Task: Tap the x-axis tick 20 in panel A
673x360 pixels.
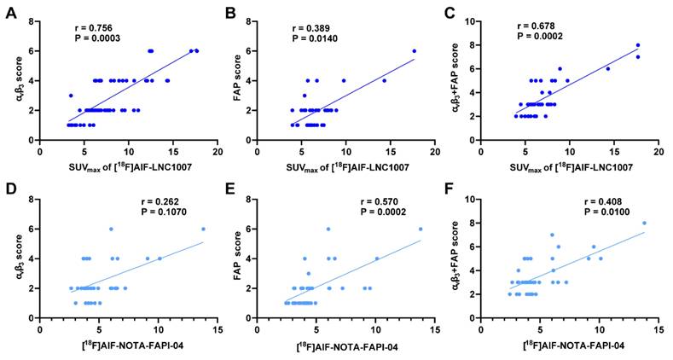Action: pos(218,152)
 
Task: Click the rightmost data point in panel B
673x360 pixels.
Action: pos(415,51)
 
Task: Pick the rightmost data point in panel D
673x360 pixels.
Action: pos(203,229)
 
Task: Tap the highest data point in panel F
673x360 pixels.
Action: pos(644,224)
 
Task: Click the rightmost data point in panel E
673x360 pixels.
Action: pos(421,229)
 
